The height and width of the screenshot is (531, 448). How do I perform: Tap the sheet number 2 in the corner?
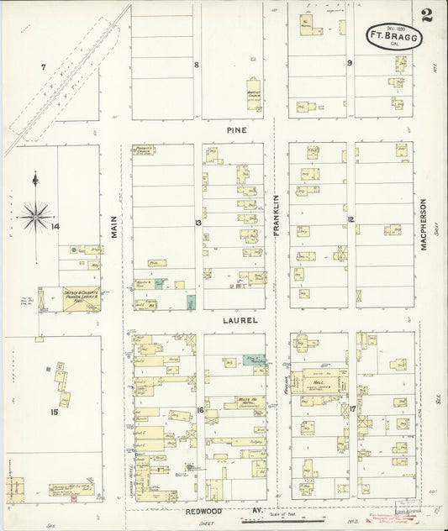[429, 14]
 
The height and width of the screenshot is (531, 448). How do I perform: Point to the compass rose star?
[35, 216]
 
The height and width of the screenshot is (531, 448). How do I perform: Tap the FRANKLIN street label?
[275, 213]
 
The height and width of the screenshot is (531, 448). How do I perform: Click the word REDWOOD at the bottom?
[199, 509]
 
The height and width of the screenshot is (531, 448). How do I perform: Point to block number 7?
[43, 66]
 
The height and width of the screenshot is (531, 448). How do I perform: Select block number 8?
[197, 65]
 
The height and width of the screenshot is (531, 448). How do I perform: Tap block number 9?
[349, 63]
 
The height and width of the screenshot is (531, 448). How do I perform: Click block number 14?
[55, 227]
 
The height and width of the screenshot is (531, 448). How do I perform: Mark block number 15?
[54, 412]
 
